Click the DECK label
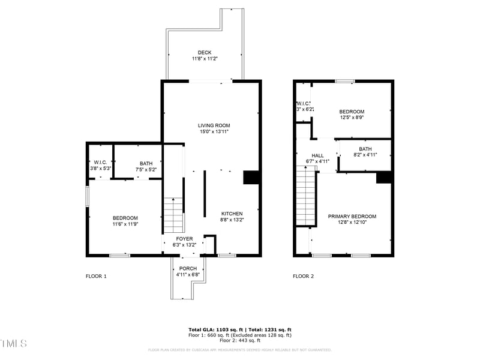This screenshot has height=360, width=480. click(x=205, y=53)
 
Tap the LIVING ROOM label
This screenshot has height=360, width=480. click(x=214, y=125)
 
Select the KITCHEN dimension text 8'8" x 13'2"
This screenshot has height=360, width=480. click(x=232, y=220)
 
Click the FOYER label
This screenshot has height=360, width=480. click(x=184, y=239)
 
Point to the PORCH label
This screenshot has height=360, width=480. click(x=188, y=268)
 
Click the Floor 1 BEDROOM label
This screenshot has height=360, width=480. click(x=125, y=218)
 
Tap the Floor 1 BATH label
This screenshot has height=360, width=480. click(x=146, y=163)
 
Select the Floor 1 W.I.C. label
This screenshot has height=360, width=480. click(x=100, y=163)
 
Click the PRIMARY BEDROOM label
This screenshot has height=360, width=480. click(x=352, y=216)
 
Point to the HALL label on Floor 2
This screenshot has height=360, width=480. click(x=317, y=155)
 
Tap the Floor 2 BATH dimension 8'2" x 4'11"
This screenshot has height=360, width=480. click(x=365, y=155)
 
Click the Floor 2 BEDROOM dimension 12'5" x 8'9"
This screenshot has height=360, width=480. click(x=352, y=118)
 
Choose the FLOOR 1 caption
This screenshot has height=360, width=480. click(x=96, y=277)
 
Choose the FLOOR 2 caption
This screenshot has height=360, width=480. click(x=303, y=277)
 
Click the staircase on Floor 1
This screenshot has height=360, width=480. click(x=173, y=215)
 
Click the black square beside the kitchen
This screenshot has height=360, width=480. click(x=251, y=178)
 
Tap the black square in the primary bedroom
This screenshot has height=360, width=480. click(x=383, y=178)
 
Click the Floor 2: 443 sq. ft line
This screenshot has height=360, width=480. click(x=240, y=341)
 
